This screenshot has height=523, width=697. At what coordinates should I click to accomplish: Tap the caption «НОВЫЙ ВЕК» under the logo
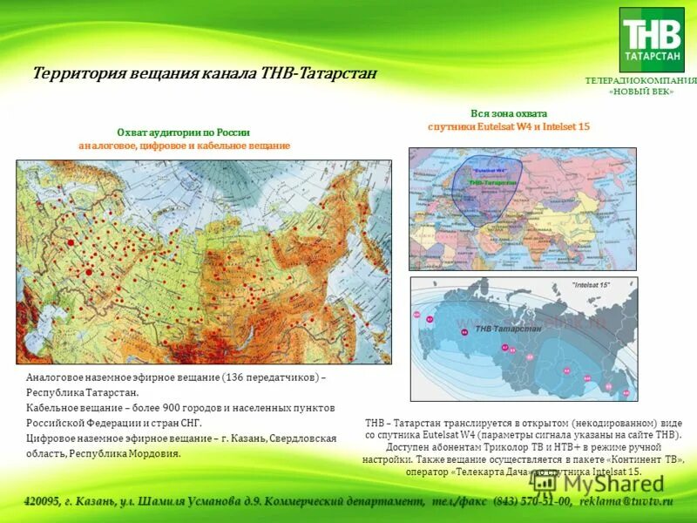point(641,92)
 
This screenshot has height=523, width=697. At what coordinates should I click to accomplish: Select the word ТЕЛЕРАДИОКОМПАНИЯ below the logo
point(641,81)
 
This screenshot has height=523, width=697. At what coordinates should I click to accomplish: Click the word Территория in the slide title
point(77,73)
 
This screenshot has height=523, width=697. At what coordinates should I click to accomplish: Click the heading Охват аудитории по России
point(184,132)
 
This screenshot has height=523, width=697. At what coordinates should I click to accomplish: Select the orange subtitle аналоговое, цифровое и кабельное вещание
point(184,146)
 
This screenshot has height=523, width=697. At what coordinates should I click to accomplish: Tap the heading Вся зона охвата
point(509,113)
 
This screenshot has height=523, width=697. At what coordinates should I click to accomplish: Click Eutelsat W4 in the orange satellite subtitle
point(495,126)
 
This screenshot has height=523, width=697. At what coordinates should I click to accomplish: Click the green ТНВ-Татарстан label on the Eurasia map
point(492,183)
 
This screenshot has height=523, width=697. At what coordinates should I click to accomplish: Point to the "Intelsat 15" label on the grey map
point(592,285)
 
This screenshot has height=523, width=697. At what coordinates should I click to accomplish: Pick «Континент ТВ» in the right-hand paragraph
point(638,458)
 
